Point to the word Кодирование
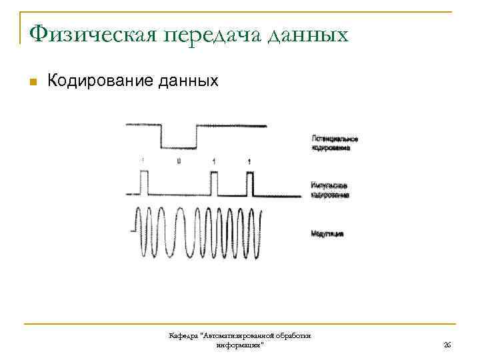click(100, 81)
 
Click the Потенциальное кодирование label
click(334, 143)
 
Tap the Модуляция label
click(327, 235)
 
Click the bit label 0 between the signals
click(178, 161)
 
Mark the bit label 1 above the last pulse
click(249, 161)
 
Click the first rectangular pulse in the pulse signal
click(143, 183)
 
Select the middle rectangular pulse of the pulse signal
click(213, 183)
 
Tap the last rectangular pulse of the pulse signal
click(249, 183)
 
